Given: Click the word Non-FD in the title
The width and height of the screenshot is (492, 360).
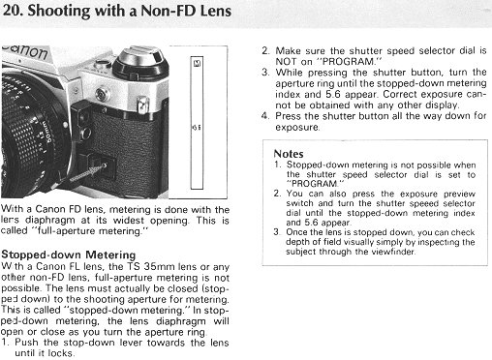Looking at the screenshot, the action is [169, 11].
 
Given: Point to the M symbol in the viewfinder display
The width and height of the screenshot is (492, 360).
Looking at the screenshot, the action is [197, 63].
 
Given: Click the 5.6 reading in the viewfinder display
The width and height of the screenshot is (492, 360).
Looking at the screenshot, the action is [197, 127].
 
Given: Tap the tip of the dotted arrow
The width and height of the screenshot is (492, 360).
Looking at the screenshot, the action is [106, 165].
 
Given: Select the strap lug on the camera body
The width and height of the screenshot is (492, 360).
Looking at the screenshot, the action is [142, 104].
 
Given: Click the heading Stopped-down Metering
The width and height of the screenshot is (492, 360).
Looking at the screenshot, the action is [69, 255].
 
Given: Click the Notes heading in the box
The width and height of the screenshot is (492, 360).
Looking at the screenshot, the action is [289, 154].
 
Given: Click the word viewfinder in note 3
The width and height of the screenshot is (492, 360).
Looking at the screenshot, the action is [393, 252].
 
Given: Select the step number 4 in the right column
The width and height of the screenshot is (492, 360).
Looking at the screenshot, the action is [265, 116].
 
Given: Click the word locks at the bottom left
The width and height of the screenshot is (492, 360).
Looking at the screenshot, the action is [61, 353].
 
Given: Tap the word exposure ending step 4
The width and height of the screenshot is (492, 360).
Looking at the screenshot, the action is [297, 128].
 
